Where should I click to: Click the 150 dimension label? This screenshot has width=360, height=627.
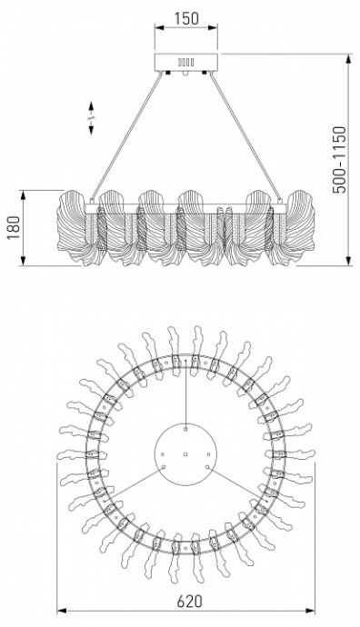coord(186,18)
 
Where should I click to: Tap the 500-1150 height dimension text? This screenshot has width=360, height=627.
coord(340,160)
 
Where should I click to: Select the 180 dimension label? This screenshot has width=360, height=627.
coord(14,227)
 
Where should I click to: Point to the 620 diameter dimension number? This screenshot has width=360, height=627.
coord(190,601)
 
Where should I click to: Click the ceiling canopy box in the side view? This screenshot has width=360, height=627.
coord(186,63)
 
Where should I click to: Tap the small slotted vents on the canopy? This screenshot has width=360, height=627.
coord(186,63)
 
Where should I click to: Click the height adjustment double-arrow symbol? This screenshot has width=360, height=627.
coord(91,118)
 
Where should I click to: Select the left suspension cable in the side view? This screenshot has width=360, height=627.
coord(126,136)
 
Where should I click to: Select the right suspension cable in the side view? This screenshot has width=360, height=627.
coord(245,136)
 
